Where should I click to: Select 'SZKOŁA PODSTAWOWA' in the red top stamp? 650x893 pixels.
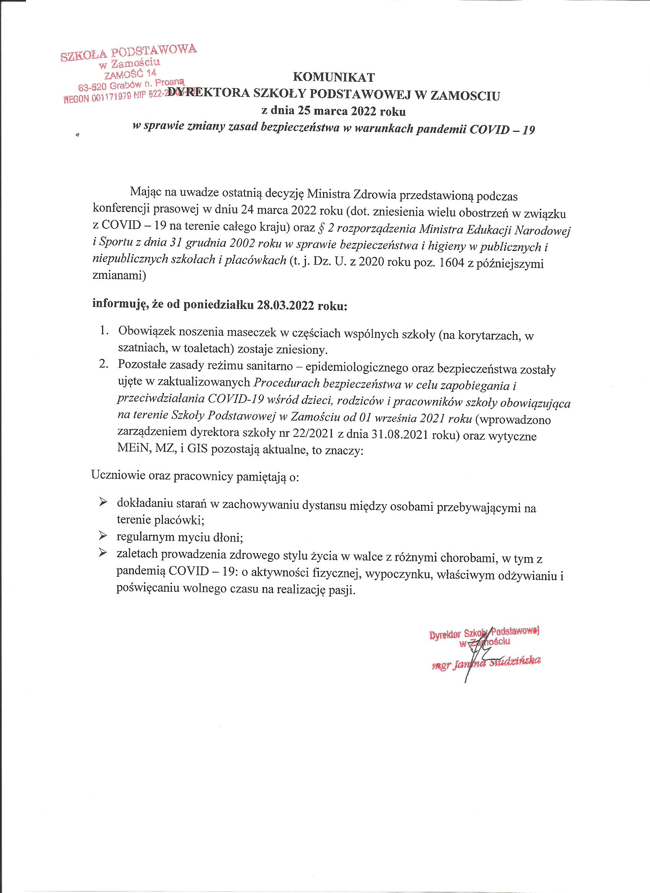point(128,52)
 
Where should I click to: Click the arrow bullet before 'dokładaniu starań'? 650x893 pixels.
point(103,502)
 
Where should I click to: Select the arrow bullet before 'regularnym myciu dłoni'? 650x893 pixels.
point(103,535)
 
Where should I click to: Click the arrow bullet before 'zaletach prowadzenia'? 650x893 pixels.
point(103,553)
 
